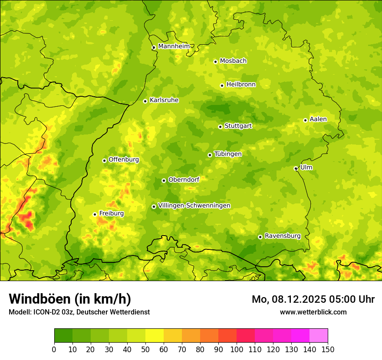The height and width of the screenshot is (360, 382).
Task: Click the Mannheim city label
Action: click(174, 46)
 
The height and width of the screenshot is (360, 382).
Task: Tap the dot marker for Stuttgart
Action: click(220, 127)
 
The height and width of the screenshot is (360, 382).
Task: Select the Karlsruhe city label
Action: click(164, 100)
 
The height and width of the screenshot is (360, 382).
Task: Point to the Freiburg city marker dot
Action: click(95, 214)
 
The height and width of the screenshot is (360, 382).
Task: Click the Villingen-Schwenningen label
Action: click(194, 206)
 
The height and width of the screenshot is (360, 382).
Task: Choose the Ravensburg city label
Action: click(282, 236)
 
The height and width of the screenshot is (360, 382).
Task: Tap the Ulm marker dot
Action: click(296, 168)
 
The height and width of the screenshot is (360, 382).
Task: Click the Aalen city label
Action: click(318, 119)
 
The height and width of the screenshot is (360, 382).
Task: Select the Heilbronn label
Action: click(241, 85)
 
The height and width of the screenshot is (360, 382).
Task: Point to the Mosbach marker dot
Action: click(215, 62)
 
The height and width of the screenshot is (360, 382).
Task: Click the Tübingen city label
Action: click(227, 154)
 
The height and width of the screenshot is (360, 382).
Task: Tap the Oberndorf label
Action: click(184, 180)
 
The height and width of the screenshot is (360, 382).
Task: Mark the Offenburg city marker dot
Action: click(104, 160)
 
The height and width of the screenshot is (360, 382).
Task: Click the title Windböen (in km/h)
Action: click(70, 299)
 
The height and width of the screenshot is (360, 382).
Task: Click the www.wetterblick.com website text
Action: click(313, 312)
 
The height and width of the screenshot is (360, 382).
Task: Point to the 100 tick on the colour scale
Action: click(237, 349)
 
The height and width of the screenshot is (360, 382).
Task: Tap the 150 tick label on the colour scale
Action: click(328, 349)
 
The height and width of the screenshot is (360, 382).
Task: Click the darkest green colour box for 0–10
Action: click(63, 335)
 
